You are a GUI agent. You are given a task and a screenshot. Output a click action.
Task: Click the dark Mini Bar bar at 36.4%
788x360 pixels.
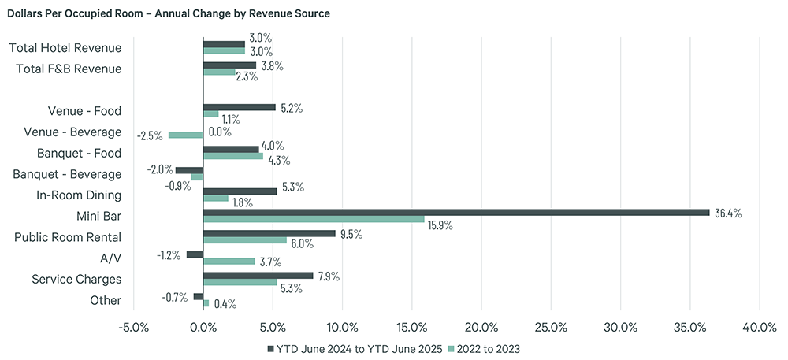456,213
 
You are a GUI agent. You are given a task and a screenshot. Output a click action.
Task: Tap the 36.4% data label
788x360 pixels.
727,213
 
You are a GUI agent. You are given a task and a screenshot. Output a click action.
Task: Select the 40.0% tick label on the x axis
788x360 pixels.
759,327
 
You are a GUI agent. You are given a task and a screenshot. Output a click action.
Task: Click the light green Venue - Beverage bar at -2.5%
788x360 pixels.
185,135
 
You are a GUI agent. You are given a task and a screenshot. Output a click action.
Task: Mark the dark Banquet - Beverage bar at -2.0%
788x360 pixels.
189,170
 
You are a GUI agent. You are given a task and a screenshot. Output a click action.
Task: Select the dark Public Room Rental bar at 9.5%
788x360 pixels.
269,233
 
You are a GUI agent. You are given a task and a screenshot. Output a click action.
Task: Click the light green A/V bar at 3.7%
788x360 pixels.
229,261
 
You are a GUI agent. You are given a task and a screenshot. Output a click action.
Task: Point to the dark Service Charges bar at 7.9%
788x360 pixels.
258,276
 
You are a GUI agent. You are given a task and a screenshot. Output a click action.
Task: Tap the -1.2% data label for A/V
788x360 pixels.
168,255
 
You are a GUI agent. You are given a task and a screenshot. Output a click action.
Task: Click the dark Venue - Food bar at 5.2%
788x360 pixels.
239,107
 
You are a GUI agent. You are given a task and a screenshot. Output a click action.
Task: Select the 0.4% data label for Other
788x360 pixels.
225,304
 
